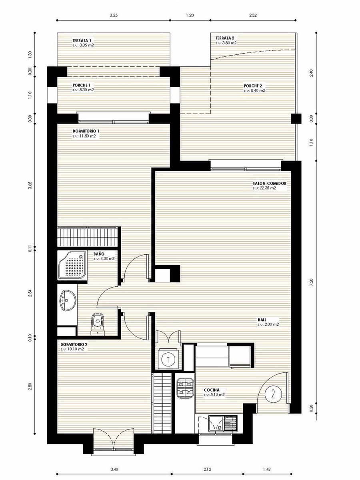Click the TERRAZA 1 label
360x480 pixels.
tap(82, 40)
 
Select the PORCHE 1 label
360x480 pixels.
tap(82, 85)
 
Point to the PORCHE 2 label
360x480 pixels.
tap(253, 86)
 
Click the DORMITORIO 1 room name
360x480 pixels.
tap(86, 131)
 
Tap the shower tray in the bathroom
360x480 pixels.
tap(72, 265)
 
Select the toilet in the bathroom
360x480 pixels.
tap(97, 322)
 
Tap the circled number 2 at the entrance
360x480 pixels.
tap(273, 394)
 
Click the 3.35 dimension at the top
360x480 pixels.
tap(114, 16)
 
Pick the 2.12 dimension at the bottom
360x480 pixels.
tap(207, 469)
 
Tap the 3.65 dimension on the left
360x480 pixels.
tap(30, 186)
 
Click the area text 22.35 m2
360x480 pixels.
tap(264, 188)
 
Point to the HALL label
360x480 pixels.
tap(262, 320)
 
